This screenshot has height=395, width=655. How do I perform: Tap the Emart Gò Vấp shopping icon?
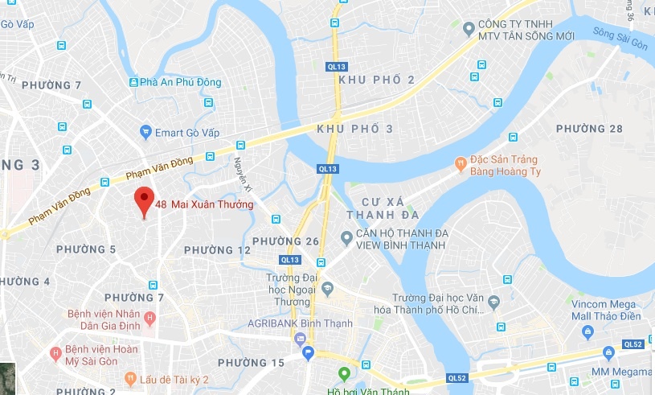click(x=145, y=131)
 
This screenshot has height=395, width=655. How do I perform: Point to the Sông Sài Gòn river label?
click(x=620, y=39)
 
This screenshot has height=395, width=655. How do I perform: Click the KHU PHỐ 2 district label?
click(x=377, y=80)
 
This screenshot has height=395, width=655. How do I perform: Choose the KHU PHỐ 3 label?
click(x=355, y=129)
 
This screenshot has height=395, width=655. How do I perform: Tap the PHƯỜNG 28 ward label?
click(x=589, y=129)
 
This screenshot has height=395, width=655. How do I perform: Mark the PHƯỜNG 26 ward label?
click(x=285, y=241)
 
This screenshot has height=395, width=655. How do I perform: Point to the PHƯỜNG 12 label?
click(x=217, y=250)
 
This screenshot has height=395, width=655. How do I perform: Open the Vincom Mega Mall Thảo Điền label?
click(x=602, y=310)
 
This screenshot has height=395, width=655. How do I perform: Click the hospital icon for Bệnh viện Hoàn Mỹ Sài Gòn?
click(x=55, y=352)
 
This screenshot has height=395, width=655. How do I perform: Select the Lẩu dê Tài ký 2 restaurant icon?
click(x=129, y=379)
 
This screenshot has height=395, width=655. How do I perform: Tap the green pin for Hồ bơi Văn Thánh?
click(x=344, y=374)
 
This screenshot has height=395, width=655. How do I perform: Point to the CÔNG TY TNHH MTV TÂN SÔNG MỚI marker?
click(x=469, y=30)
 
